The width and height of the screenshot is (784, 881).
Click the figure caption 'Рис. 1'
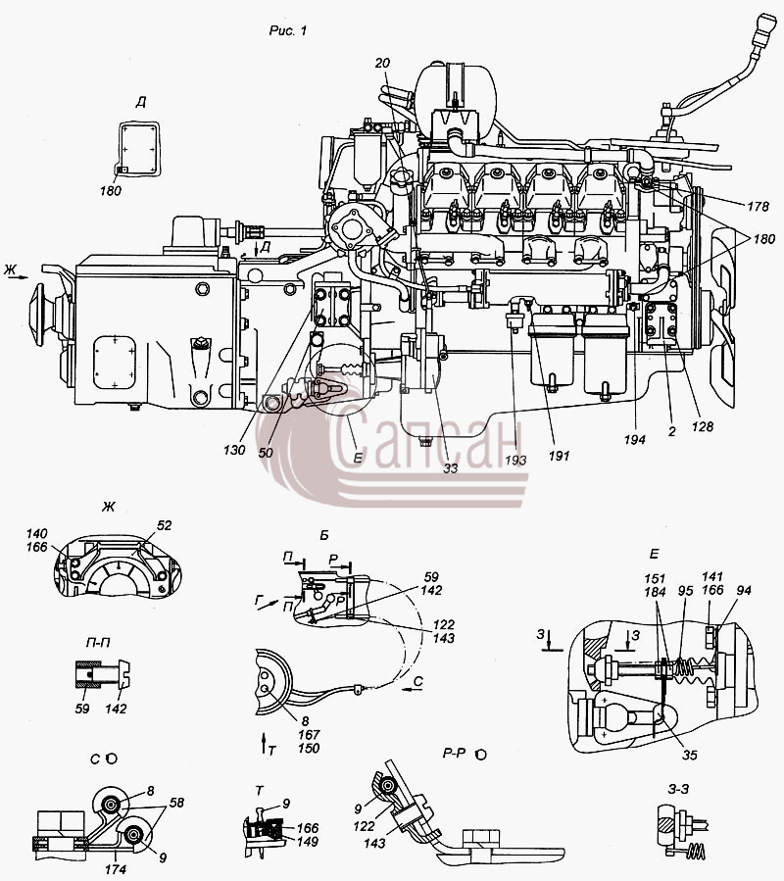[x=288, y=30]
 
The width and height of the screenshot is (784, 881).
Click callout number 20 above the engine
[x=382, y=63]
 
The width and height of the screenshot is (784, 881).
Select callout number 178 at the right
[x=758, y=206]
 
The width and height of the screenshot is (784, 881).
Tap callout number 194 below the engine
[x=634, y=439]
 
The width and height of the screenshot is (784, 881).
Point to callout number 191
[x=559, y=456]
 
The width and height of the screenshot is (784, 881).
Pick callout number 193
[x=515, y=461]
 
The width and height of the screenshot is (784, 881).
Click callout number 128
[x=702, y=427]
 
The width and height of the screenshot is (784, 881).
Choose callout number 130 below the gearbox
[x=234, y=450]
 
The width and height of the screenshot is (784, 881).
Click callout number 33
[x=450, y=467]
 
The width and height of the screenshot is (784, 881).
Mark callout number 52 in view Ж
[x=164, y=525]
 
